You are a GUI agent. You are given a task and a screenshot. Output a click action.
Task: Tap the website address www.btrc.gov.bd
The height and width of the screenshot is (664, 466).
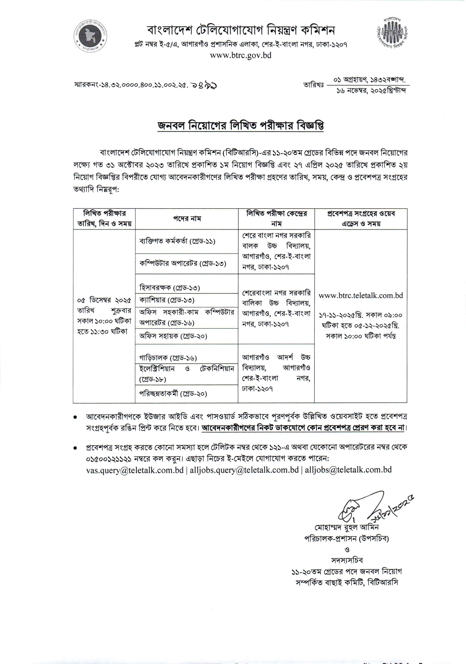point(241,55)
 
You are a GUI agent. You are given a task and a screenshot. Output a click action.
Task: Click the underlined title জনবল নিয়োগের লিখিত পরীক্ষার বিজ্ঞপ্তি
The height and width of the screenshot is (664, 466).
point(241,126)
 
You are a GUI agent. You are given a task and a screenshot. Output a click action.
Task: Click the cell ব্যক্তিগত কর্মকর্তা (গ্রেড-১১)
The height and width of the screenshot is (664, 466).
point(177,241)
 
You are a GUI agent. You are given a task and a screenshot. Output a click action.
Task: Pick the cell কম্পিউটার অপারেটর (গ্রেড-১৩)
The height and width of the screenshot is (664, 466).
point(183,263)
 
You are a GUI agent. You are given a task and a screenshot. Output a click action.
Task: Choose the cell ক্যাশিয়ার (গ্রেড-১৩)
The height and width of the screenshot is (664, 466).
point(167,300)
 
